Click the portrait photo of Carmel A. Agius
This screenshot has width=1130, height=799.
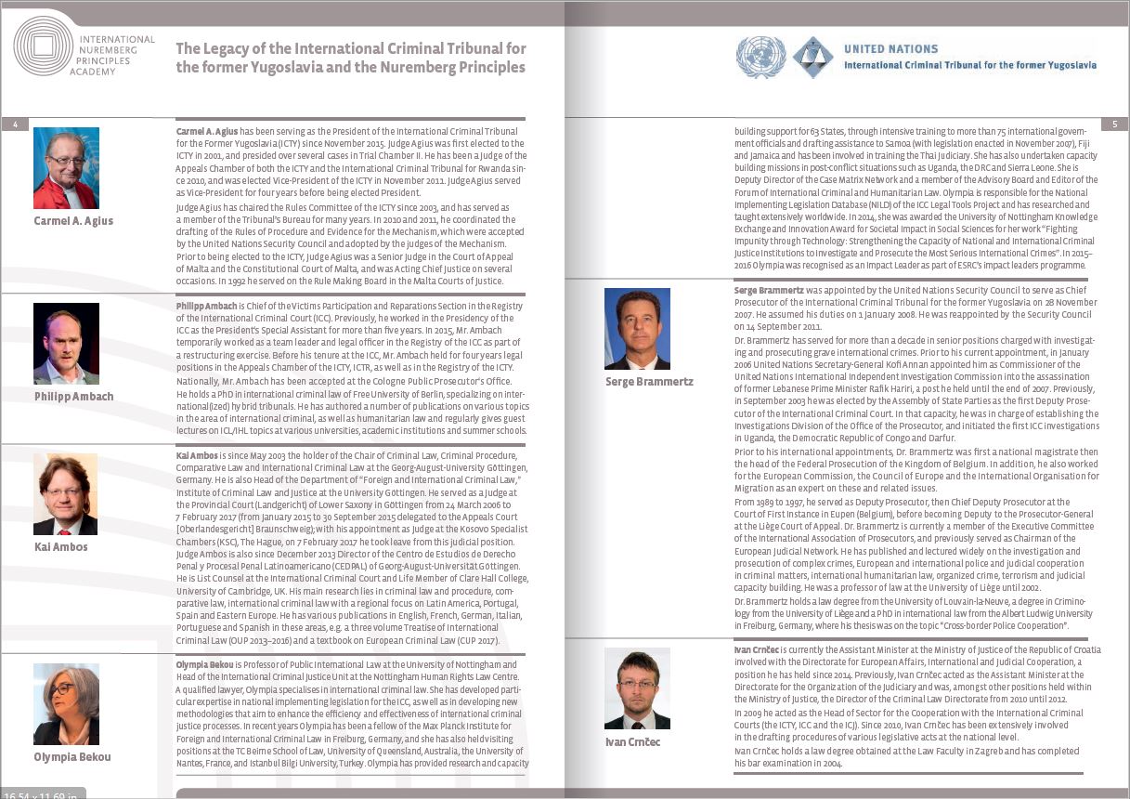coord(66,168)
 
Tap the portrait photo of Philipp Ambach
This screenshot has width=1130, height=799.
coord(66,343)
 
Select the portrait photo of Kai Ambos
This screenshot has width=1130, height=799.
coord(66,493)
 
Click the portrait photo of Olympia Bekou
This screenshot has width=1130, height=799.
coord(66,703)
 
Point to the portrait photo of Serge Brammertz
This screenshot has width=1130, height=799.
coord(637,328)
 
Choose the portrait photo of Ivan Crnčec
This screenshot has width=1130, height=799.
coord(637,688)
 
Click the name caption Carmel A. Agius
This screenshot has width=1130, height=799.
coord(73,221)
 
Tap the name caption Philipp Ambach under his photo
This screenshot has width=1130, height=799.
coord(73,397)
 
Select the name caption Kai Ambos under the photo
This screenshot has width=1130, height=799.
coord(60,547)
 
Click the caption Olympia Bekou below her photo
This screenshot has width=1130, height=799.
coord(71,757)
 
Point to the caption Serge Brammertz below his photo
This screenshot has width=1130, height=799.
coord(649,382)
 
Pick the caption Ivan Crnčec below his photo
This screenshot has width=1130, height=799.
coord(632,742)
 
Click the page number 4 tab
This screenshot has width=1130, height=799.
coord(15,124)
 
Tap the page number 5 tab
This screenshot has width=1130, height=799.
coord(1114,124)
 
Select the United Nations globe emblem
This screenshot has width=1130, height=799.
coord(760,57)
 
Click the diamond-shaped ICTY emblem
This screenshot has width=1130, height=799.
coord(812,57)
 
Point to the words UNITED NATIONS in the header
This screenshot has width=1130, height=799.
coord(890,48)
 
